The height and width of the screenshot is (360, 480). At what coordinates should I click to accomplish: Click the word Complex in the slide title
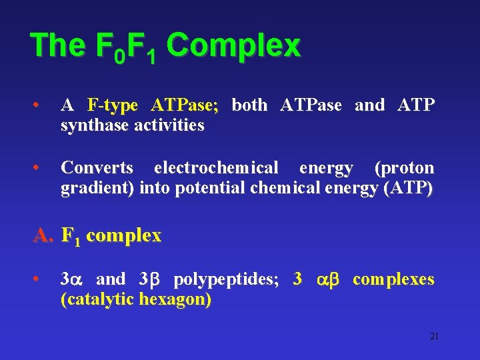tap(233, 47)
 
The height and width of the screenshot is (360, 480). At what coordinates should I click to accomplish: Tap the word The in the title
tap(57, 47)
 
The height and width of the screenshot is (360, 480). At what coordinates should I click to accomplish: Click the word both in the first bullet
tap(250, 105)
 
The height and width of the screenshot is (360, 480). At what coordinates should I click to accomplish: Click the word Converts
tap(97, 168)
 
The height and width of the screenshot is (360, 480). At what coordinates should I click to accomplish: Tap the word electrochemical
tap(216, 168)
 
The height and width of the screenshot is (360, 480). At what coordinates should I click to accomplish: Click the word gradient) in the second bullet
tap(98, 188)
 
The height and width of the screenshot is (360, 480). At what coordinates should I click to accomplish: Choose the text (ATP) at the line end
tap(409, 188)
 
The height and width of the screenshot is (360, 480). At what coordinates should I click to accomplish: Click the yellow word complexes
tap(393, 279)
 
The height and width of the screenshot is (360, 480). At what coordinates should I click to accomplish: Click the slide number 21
tap(434, 336)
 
